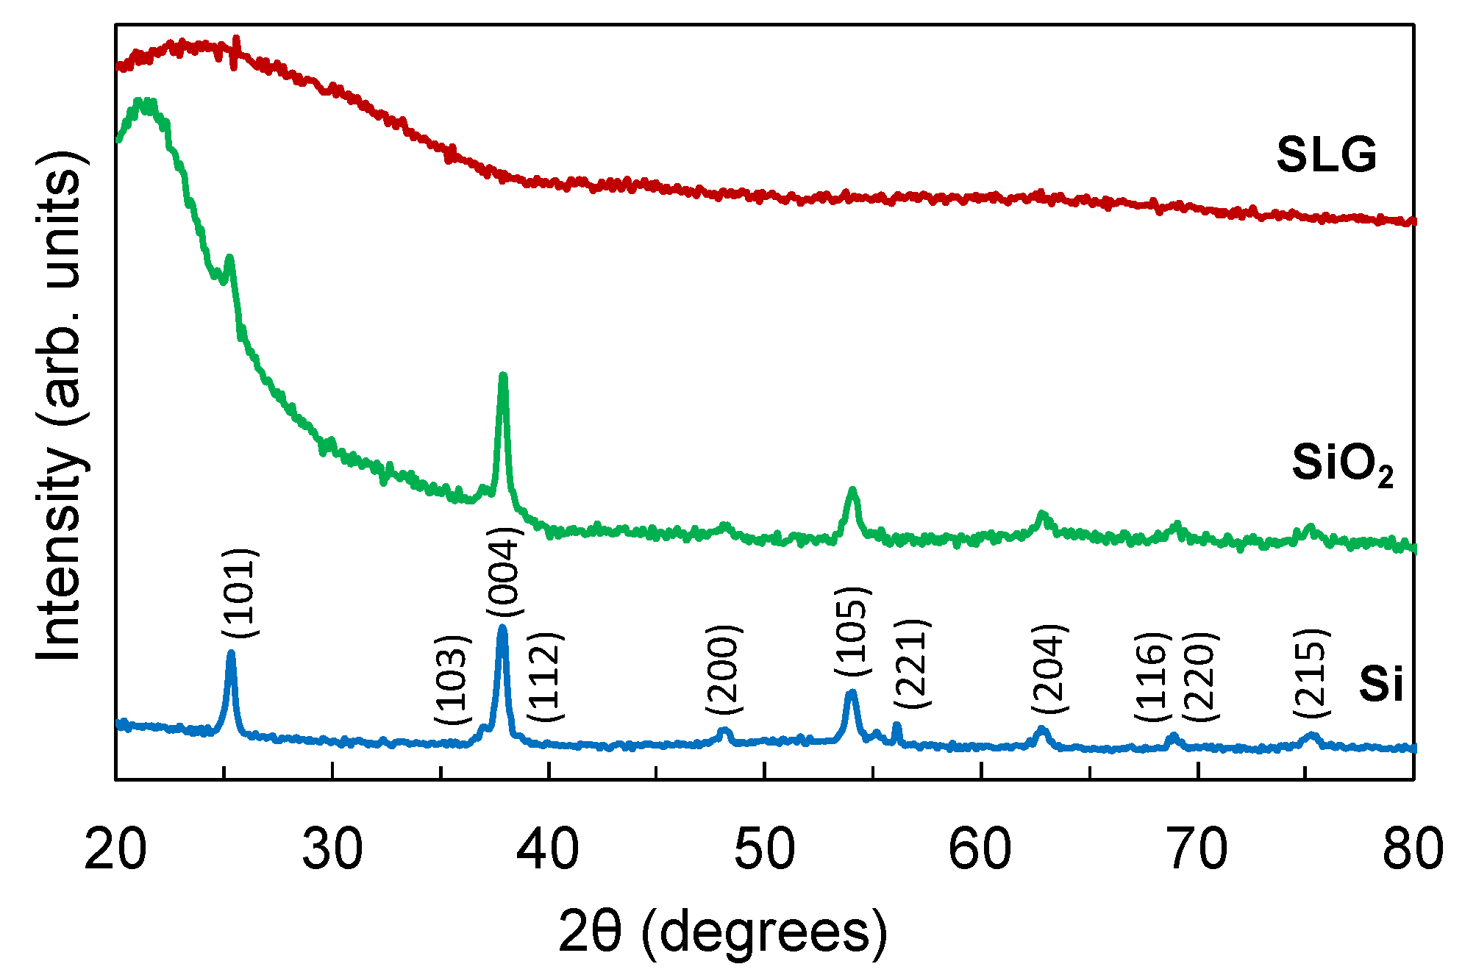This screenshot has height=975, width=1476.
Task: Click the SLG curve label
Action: point(1326,156)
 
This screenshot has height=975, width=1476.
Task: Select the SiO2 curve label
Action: point(1342,465)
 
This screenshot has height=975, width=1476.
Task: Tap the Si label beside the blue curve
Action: point(1380,684)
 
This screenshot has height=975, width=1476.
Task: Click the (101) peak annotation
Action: point(240,593)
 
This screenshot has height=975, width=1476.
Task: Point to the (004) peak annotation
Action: point(504,572)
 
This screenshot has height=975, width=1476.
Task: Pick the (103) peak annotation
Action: point(452,679)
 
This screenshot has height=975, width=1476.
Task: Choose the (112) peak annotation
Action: point(545,676)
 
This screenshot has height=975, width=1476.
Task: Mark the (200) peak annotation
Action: point(724,669)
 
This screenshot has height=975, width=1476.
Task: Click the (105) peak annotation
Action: point(852,632)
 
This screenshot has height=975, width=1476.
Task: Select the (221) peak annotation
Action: point(913,664)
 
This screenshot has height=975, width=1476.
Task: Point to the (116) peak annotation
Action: point(1152,676)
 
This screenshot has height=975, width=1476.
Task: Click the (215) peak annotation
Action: point(1311,673)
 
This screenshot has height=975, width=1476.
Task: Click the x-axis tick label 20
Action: point(115,850)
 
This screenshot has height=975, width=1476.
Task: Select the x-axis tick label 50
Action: point(765,850)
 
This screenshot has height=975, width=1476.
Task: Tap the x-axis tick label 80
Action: point(1412,850)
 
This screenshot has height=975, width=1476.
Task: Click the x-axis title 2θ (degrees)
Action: point(723,932)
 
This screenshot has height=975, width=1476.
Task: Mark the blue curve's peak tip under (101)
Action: point(231,652)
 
